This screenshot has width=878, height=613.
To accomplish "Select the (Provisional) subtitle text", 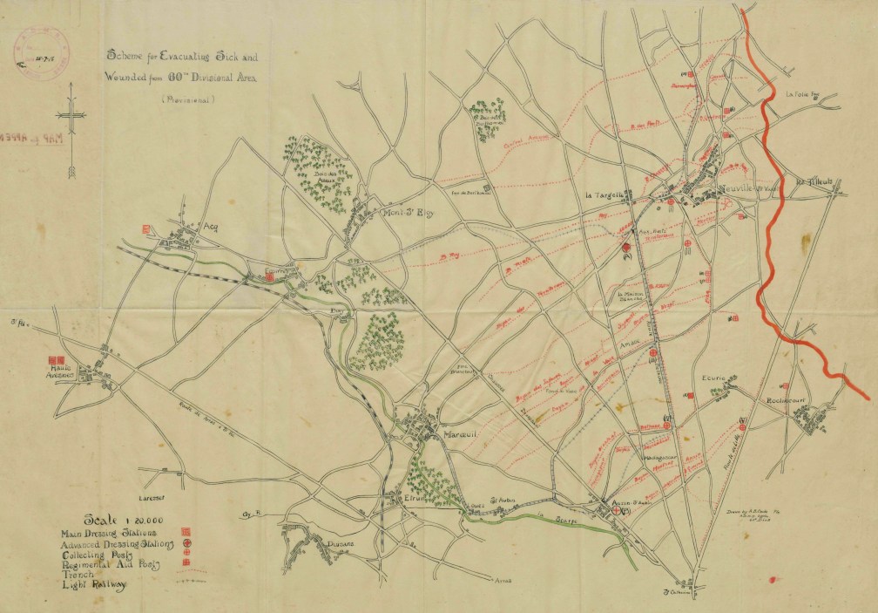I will click(x=187, y=99).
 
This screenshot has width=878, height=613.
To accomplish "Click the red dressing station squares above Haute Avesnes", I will click(x=56, y=358).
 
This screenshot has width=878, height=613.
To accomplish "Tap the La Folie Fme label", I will click(x=803, y=94).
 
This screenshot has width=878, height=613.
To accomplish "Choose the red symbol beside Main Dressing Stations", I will click(x=185, y=531).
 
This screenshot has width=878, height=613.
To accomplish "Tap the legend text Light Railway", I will click(x=93, y=585).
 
